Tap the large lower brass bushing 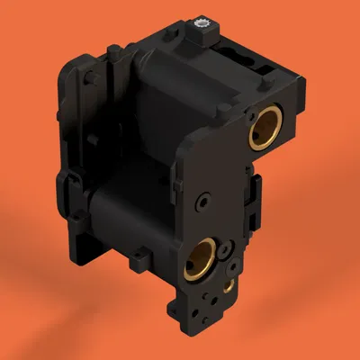[202, 260]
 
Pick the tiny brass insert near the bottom [229, 286]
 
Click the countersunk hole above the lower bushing [207, 197]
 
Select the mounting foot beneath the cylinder [139, 262]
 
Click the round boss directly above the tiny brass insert [229, 267]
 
